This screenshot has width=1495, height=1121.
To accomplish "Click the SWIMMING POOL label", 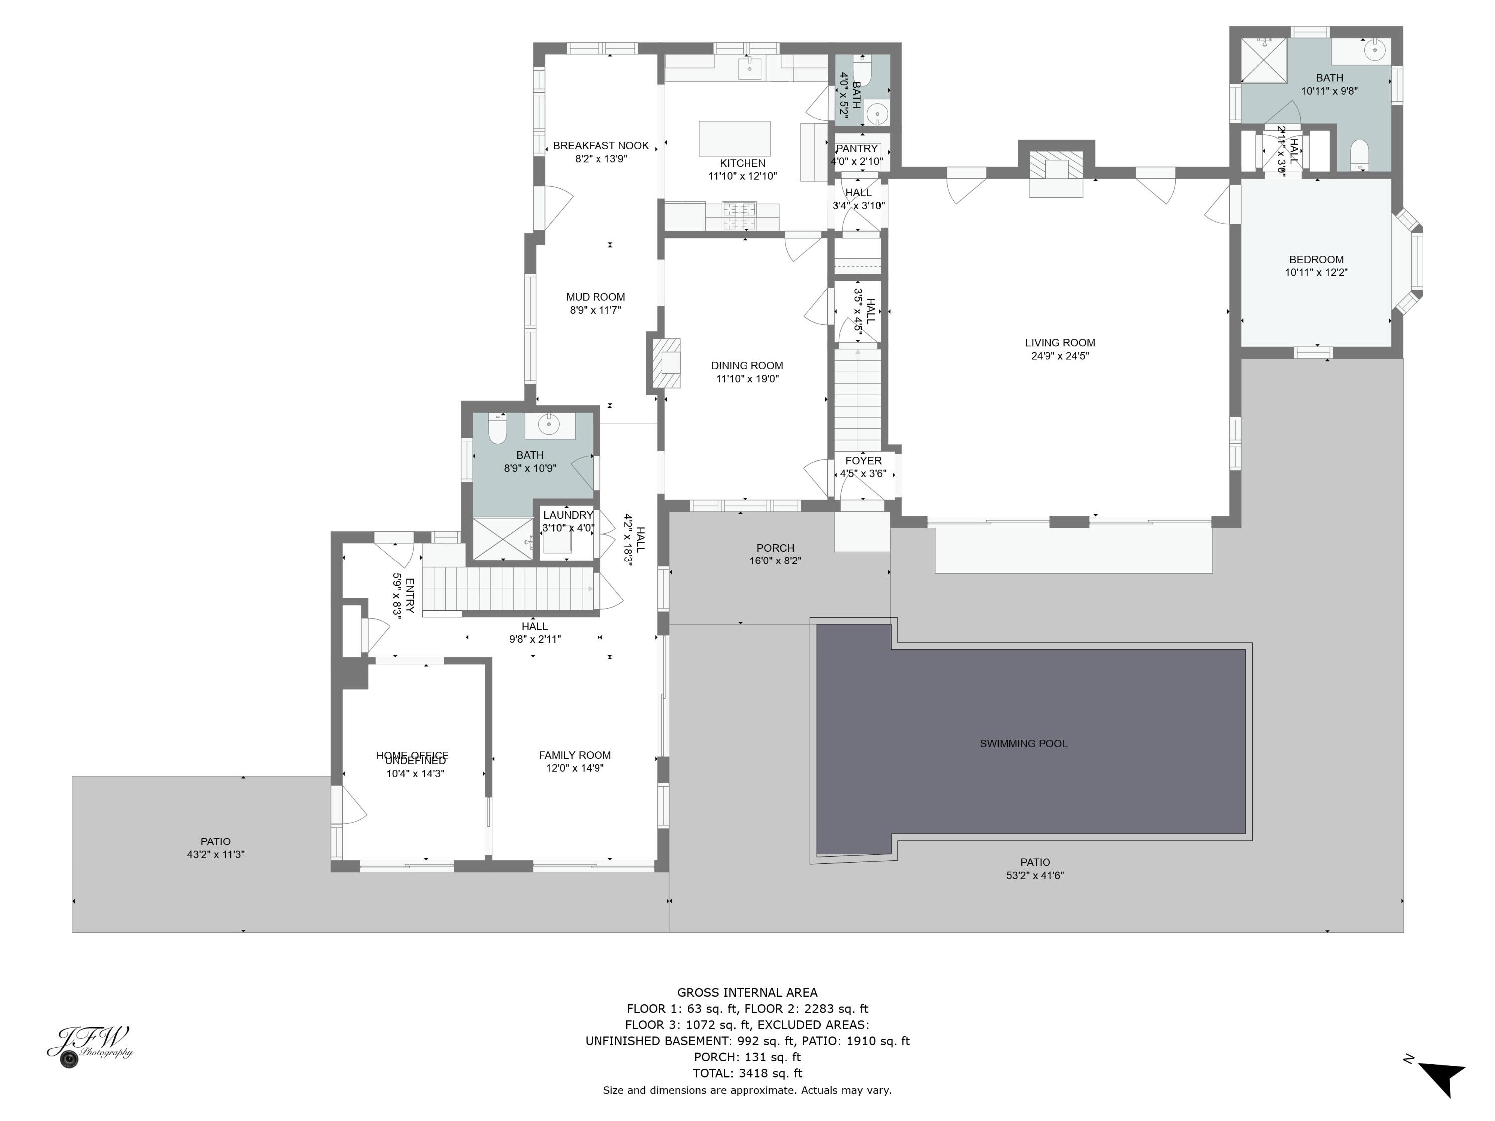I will pos(1023,743).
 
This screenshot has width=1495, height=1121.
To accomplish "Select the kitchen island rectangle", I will pos(734,139).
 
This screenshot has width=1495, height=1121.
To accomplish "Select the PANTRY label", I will pos(856,148).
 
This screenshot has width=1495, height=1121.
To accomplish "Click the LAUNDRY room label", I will pos(567,515).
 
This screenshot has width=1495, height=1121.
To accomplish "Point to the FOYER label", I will pos(863,461).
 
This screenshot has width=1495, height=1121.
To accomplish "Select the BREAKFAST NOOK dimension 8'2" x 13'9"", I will pos(601,159).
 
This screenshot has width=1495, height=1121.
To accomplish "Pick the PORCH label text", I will pos(775,548).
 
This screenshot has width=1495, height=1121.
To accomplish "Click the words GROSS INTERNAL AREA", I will pos(747,992).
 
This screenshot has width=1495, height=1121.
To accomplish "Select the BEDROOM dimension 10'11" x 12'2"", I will pos(1316,273).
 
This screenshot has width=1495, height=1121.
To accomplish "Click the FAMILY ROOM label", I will pos(575,755).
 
